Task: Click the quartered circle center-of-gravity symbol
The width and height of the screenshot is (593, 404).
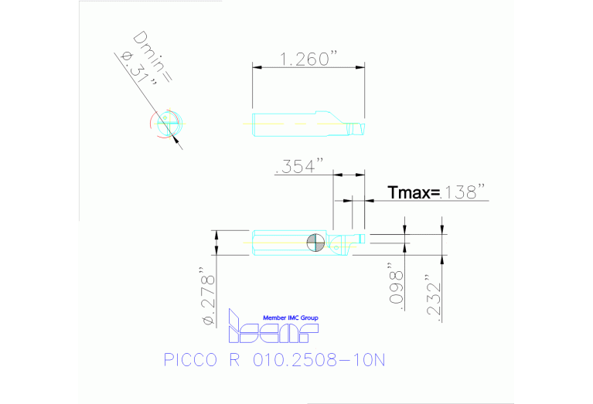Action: tap(316, 242)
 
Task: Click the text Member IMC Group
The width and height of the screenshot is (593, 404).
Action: tap(291, 317)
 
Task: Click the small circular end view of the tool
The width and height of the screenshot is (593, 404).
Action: tap(167, 124)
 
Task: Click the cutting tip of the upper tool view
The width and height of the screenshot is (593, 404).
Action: tap(358, 126)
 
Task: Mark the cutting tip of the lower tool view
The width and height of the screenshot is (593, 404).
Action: tap(360, 236)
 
